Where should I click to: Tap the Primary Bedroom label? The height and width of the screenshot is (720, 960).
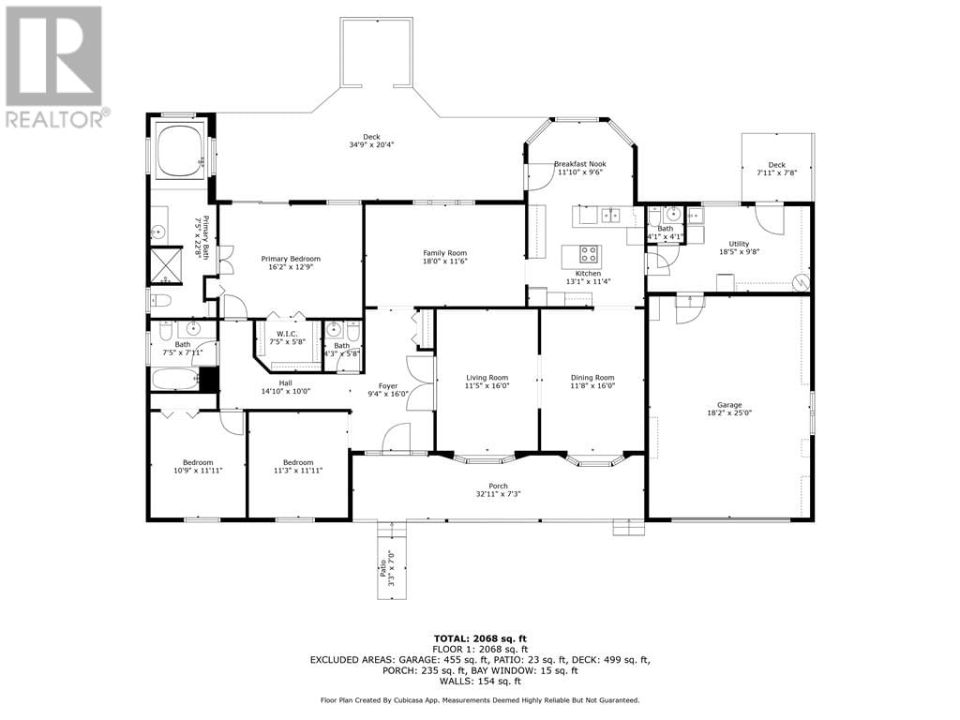coord(291,259)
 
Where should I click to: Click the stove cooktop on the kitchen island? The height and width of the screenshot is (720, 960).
coord(589,253)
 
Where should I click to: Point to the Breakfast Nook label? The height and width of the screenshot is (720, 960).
coord(580,163)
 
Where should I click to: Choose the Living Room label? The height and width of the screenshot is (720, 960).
coord(487,378)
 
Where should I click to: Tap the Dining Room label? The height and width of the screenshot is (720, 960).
coord(592,378)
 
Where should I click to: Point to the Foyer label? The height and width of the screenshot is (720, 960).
coord(387,385)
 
